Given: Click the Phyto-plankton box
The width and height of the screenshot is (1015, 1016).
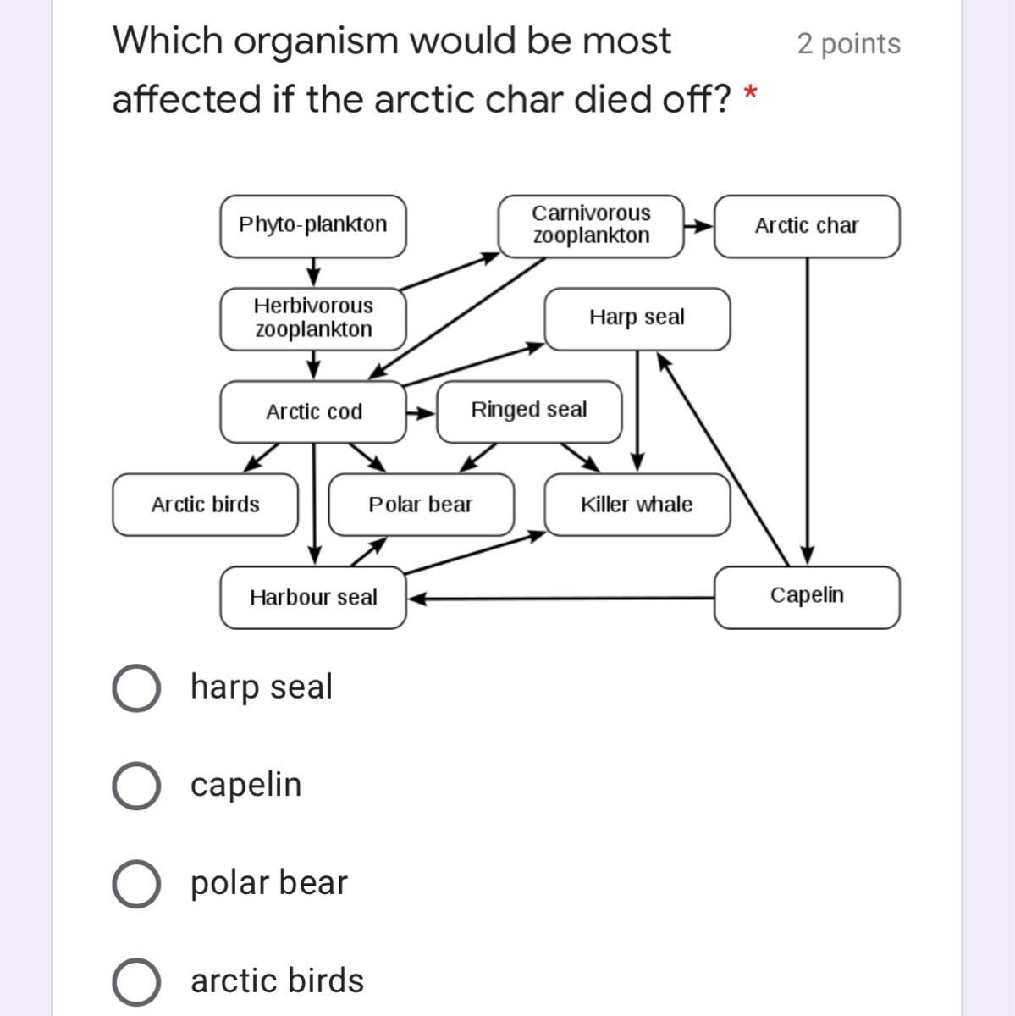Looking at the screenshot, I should pos(312,225).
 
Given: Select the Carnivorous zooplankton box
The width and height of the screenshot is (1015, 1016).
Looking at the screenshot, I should pos(591,225).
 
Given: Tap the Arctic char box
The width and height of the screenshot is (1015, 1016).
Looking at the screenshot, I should pos(806,226).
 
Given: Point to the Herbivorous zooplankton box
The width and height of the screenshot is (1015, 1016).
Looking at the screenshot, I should pos(312,318).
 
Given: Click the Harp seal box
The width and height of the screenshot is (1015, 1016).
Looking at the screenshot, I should pos(637,318).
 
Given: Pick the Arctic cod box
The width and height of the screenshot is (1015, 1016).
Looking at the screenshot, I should pos(312,411).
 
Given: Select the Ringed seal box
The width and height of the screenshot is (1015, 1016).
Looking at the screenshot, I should pos(528,411).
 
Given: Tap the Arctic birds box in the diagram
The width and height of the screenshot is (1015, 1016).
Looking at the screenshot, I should pos(205,505).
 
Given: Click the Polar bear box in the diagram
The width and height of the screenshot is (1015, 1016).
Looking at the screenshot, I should pos(421,505).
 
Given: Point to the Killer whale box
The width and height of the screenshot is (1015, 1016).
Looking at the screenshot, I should pos(637,505).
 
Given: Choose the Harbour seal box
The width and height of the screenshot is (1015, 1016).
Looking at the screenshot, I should pos(312,598).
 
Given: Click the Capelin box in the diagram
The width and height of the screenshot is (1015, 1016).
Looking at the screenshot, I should pos(806,596).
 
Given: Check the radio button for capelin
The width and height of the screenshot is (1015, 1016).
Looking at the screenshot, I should pos(135,786).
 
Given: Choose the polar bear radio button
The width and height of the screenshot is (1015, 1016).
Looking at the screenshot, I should pos(135,884).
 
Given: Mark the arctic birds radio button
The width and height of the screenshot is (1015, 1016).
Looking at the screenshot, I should pos(135,982).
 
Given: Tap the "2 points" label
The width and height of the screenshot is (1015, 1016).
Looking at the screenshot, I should pos(848,44).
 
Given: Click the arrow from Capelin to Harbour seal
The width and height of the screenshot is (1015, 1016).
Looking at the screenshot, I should pos(559,598).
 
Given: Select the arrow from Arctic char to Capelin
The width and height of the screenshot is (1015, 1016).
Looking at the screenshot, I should pos(807,406).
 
